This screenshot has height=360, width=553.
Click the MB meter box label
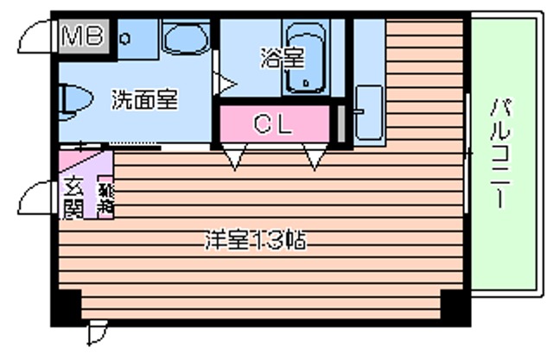[x=84, y=36]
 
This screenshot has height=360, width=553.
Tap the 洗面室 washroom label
[x=143, y=99]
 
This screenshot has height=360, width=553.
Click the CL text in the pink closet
[x=272, y=123]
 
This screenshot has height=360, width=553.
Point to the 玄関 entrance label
[x=73, y=198]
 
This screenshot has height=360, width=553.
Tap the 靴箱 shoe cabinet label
[x=105, y=199]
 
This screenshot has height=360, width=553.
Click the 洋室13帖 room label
[x=255, y=239]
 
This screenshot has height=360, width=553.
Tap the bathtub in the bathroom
[x=308, y=57]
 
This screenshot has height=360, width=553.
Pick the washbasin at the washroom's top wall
[x=188, y=40]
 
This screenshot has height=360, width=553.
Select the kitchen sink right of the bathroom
[x=369, y=112]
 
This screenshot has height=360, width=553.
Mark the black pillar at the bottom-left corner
[x=68, y=304]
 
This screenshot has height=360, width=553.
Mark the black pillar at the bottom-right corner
[x=453, y=304]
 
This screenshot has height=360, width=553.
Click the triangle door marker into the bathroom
[x=224, y=85]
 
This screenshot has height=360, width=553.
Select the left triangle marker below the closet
[x=234, y=156]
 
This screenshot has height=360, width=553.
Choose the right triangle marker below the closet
[x=313, y=156]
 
